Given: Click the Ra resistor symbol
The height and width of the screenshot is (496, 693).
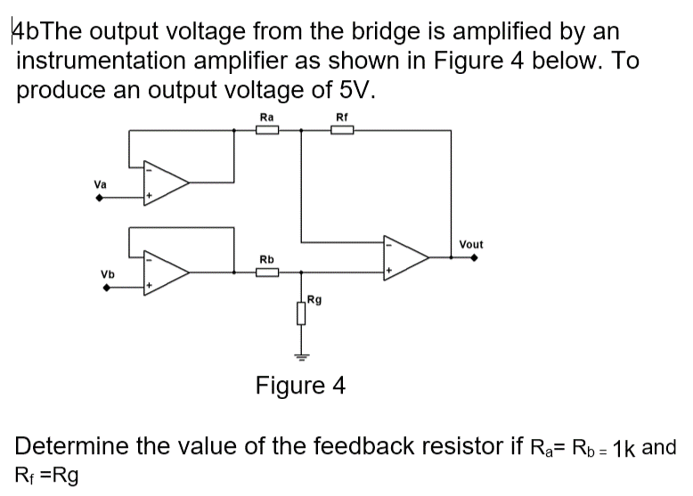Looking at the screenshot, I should click(267, 130).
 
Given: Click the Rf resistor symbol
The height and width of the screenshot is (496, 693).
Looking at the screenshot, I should click(342, 130).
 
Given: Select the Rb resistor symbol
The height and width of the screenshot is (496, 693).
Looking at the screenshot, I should click(267, 273).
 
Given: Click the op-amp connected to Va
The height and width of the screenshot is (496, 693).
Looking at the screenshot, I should click(167, 183).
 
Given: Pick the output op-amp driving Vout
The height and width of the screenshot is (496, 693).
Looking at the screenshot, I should click(405, 257).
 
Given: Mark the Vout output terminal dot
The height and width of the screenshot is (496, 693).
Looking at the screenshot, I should click(474, 258).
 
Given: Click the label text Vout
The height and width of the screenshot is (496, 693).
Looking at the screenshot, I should click(471, 244).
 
